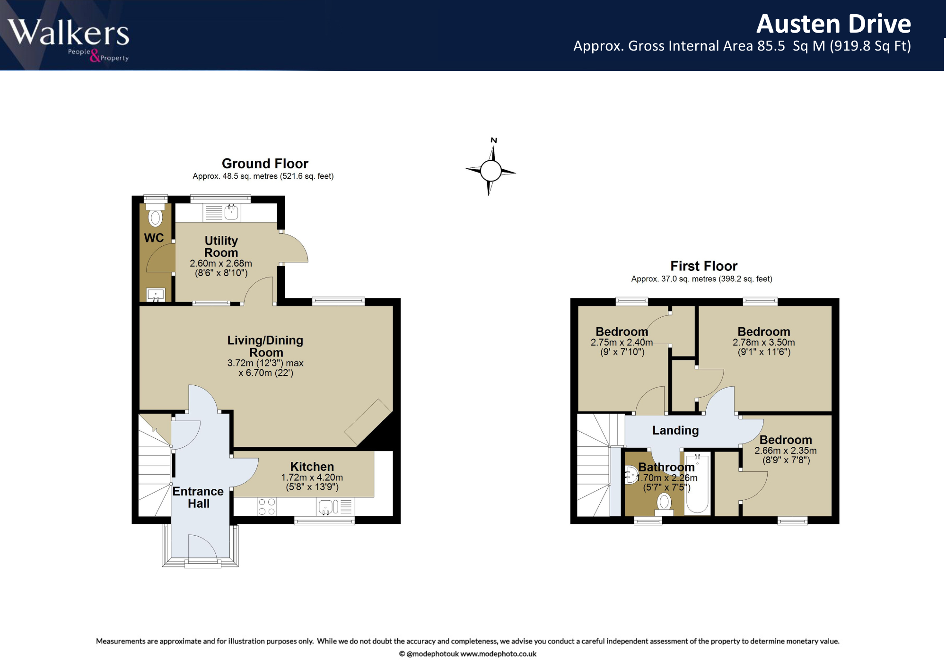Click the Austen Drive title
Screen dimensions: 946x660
833,24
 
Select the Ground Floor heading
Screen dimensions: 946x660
265,164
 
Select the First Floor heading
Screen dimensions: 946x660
704,266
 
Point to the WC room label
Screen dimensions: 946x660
154,238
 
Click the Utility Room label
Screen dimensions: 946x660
221,247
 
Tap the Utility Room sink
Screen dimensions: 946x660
231,212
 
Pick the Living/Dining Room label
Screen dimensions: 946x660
265,346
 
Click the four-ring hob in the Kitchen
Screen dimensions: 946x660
267,506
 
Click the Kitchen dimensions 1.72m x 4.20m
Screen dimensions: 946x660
312,478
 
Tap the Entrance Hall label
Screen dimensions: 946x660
198,497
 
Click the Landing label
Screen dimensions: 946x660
675,430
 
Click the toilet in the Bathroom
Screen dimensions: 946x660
664,504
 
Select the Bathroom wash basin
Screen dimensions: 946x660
631,475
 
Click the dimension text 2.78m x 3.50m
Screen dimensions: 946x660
764,342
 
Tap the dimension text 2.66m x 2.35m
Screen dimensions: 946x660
786,451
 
